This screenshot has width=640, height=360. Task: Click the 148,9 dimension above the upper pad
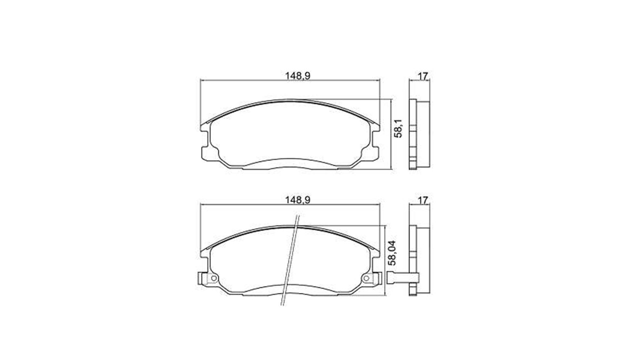[297, 76]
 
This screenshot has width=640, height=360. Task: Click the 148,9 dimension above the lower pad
[297, 200]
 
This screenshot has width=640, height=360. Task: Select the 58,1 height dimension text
[397, 128]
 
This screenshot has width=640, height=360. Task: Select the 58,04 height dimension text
[392, 253]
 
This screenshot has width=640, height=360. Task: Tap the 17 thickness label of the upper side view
[423, 76]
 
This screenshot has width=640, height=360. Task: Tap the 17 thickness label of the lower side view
[423, 200]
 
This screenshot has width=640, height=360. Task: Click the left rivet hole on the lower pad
[213, 278]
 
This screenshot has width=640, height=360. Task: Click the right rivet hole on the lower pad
[367, 278]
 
